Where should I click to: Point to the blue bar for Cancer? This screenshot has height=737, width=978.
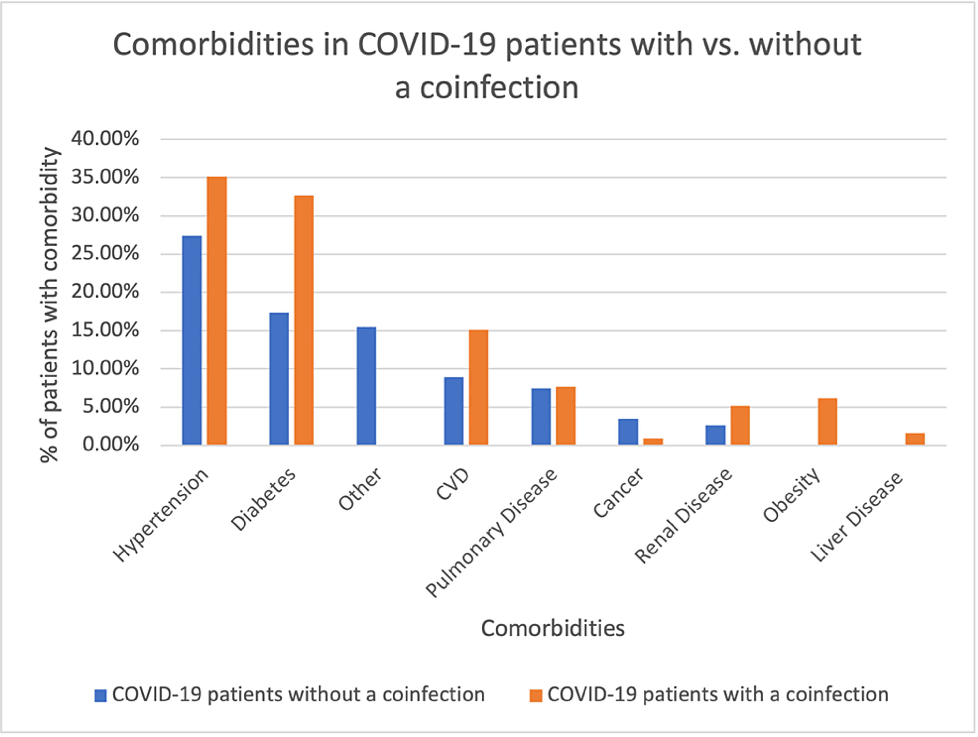tap(628, 432)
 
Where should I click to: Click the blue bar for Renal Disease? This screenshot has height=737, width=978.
tap(715, 435)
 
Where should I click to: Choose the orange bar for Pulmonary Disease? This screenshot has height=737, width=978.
tap(566, 416)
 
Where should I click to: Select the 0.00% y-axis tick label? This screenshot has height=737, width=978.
tap(111, 445)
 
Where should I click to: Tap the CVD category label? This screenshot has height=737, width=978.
tap(452, 485)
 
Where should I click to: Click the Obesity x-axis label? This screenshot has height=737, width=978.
tap(792, 495)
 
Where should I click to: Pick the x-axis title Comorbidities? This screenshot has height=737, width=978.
tap(553, 628)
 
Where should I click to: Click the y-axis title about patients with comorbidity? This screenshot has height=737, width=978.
tap(50, 305)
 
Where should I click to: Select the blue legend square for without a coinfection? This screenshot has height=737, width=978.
tap(100, 696)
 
